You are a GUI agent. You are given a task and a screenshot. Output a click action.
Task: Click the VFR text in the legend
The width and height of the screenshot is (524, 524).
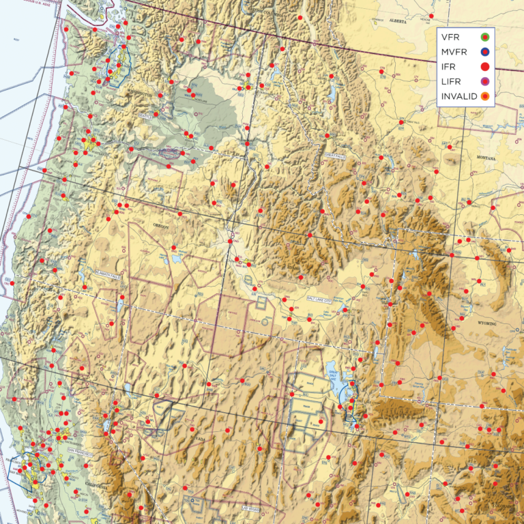[x=451, y=37]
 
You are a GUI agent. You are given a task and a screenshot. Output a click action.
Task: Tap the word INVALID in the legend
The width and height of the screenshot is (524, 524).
[x=459, y=97]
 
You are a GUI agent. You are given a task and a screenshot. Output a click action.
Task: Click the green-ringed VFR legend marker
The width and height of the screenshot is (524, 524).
[x=485, y=37]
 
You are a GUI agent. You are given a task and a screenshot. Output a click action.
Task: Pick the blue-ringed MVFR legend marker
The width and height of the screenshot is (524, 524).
[x=485, y=52]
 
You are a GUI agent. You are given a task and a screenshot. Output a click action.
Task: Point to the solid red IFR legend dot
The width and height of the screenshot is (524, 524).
[x=485, y=67]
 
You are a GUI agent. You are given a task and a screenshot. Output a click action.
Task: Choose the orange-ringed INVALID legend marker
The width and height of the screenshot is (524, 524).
[x=485, y=97]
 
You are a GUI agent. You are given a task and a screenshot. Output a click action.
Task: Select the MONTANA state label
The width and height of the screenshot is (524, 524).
[x=486, y=158]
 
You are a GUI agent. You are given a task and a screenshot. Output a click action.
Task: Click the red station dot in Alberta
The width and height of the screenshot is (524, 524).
[x=431, y=15]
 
